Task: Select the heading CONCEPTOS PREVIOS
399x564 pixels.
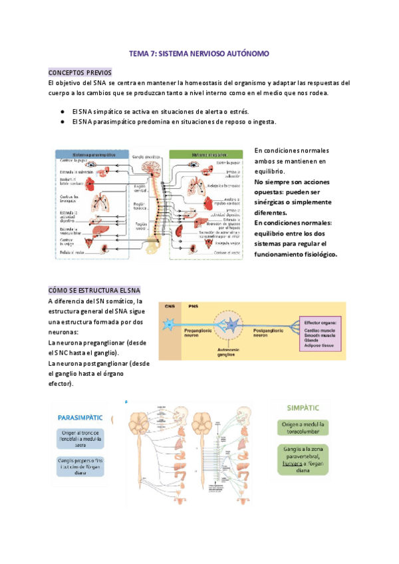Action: pyautogui.click(x=80, y=72)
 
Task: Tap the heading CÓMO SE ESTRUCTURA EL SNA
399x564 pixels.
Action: pyautogui.click(x=94, y=291)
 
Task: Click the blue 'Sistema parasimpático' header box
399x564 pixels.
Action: pyautogui.click(x=92, y=154)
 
